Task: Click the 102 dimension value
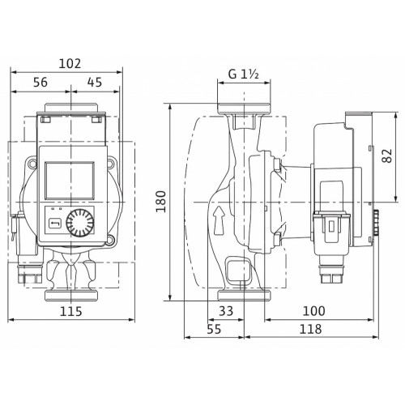(70, 64)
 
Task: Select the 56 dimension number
(40, 82)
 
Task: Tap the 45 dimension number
(95, 82)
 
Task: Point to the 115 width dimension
(70, 311)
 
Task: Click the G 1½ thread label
(244, 74)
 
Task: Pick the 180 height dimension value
(161, 202)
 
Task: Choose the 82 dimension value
(387, 156)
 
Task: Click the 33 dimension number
(226, 311)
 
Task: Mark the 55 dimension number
(214, 329)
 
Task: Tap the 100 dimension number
(313, 311)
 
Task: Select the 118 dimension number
(310, 329)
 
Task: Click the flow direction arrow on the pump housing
(219, 220)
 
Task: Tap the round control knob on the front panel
(80, 223)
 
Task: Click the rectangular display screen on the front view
(70, 181)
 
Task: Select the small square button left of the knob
(55, 224)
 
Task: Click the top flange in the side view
(244, 109)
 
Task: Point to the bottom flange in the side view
(244, 296)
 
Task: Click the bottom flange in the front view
(70, 296)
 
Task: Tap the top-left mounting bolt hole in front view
(32, 163)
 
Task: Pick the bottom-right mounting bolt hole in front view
(111, 239)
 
